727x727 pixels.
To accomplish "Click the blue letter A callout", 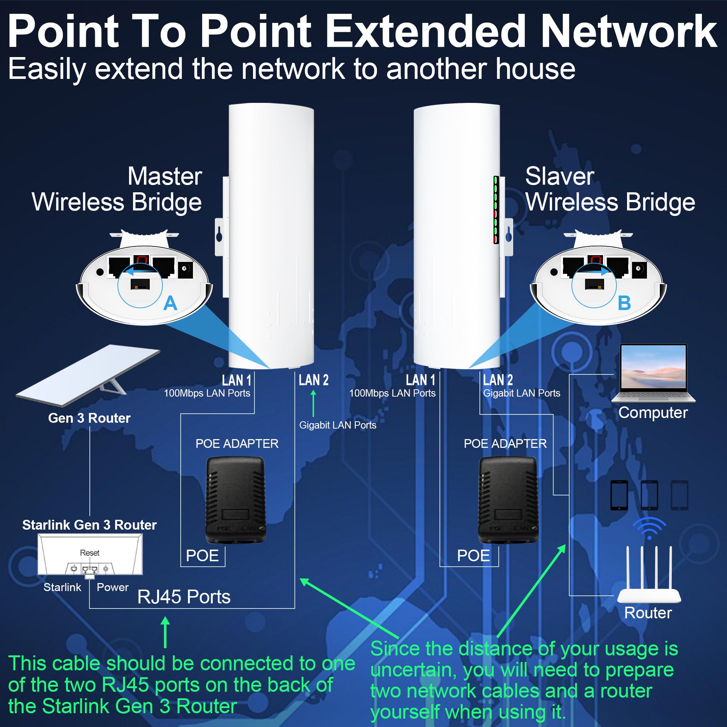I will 170,303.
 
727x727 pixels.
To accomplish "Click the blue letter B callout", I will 624,303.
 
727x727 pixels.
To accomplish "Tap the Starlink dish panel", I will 88,375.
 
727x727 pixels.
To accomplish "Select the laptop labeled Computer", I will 653,373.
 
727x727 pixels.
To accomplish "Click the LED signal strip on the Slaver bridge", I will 496,210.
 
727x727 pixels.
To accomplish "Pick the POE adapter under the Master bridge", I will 236,500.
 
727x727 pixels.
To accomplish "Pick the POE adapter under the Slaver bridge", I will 508,500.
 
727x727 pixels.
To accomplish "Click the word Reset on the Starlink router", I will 89,553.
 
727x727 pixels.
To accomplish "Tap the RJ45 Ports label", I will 184,597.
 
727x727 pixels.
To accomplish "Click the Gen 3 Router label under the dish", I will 89,418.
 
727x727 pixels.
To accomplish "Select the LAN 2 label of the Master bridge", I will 313,380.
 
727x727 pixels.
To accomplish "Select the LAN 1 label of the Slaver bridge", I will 420,380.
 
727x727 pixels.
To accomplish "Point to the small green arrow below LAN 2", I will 313,403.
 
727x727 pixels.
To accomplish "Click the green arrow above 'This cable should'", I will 165,632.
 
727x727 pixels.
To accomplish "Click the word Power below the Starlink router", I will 113,587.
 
